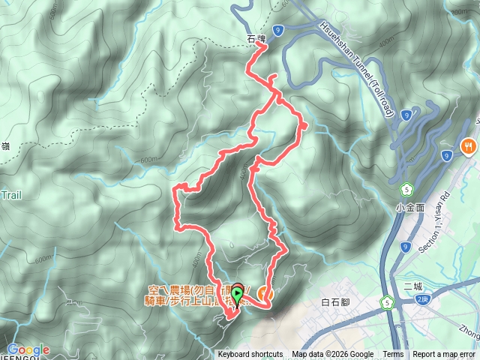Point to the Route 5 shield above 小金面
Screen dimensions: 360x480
point(406,187)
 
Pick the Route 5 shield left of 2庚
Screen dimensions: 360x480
point(386,302)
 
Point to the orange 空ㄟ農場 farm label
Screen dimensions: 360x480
point(191,294)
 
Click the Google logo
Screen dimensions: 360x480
point(28,349)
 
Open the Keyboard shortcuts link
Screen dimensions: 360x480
point(250,355)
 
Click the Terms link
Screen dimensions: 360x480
point(393,355)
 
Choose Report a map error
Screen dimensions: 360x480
point(444,355)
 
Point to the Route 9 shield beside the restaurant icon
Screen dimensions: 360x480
point(447,155)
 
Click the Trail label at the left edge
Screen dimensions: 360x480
point(11,195)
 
